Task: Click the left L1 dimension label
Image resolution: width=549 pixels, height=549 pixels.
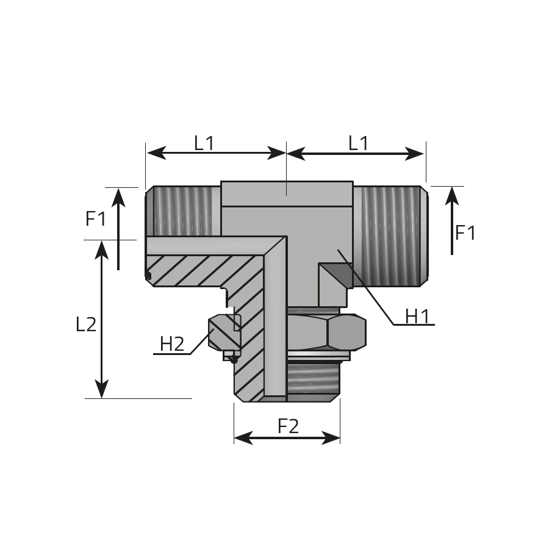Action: pyautogui.click(x=204, y=143)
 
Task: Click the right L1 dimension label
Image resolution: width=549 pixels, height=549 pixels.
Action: pyautogui.click(x=358, y=143)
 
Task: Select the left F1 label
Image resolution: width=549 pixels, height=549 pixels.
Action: pyautogui.click(x=96, y=219)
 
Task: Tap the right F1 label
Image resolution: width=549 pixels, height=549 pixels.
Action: pyautogui.click(x=465, y=233)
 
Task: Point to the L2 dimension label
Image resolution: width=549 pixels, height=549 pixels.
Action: pyautogui.click(x=86, y=325)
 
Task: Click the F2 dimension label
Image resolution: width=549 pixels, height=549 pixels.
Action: pyautogui.click(x=289, y=426)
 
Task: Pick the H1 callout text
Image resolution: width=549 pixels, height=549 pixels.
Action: pyautogui.click(x=417, y=317)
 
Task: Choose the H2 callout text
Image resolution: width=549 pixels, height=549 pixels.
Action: pyautogui.click(x=172, y=344)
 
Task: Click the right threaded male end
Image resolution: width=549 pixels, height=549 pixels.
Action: pyautogui.click(x=390, y=236)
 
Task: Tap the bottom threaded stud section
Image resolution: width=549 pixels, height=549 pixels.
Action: pyautogui.click(x=313, y=381)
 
